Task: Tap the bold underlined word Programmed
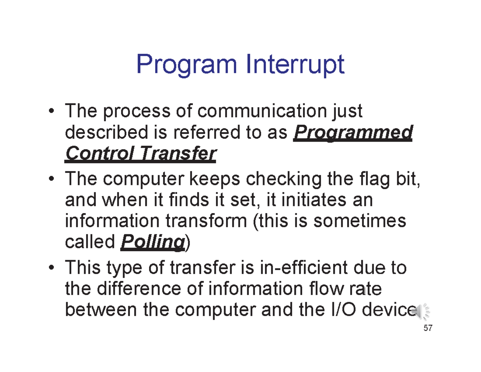tap(353, 133)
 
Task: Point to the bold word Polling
tap(152, 242)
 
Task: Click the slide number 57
tap(428, 328)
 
